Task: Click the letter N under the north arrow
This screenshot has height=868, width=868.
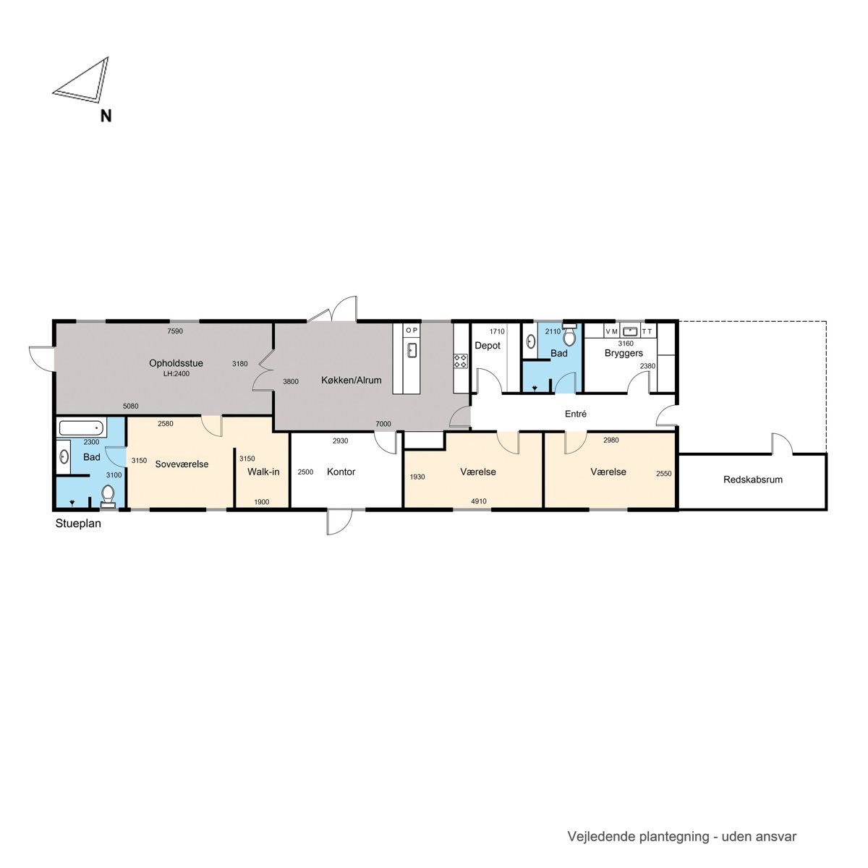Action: pos(106,116)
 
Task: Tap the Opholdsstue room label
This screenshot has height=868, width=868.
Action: pos(176,363)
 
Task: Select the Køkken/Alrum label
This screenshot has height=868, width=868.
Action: pos(352,380)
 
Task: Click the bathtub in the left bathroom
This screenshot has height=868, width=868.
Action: pos(82,427)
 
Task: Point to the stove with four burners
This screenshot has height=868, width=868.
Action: pos(461,361)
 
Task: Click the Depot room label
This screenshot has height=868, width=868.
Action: pos(488,346)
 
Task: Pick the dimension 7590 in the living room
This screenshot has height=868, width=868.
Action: pos(175,331)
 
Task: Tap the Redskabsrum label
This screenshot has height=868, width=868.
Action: pos(753,480)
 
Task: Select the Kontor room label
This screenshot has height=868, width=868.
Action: pos(341,472)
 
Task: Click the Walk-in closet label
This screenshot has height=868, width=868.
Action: pos(263,472)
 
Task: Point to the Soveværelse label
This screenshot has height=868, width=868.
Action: pos(182,464)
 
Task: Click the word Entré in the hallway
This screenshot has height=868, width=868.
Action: pos(576,414)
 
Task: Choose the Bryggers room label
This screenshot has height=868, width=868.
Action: pos(624,353)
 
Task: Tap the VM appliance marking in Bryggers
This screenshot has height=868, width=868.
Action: pos(612,331)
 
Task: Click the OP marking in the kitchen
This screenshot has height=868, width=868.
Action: pos(412,330)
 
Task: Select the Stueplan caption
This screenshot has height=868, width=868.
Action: pos(78,524)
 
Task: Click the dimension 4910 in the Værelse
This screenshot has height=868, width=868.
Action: pos(479,501)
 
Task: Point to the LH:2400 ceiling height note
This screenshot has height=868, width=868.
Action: pos(176,374)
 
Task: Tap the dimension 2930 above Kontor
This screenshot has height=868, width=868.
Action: pos(341,441)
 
